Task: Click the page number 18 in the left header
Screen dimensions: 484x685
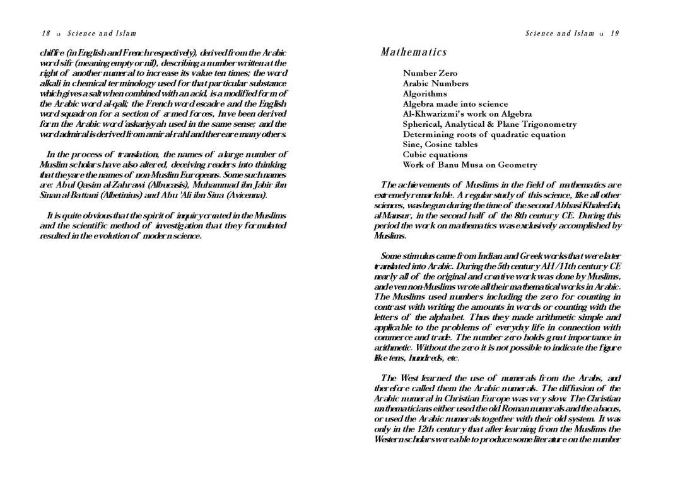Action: tap(46, 33)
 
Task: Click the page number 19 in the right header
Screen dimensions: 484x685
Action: tap(614, 33)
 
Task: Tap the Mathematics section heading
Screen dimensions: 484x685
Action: tap(414, 52)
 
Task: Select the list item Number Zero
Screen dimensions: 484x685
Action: tap(430, 73)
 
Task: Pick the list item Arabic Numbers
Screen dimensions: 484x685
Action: tap(435, 83)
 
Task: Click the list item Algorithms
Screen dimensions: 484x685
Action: tap(424, 93)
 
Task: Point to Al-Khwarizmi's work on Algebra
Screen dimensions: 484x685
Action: tap(467, 114)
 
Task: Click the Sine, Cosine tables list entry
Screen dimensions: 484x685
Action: tap(440, 144)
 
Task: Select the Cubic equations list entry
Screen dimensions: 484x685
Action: tap(435, 154)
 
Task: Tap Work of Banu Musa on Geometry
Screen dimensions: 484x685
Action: tap(469, 165)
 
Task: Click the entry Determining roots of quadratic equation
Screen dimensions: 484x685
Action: tap(484, 134)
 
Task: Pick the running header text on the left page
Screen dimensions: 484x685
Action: tap(102, 33)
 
